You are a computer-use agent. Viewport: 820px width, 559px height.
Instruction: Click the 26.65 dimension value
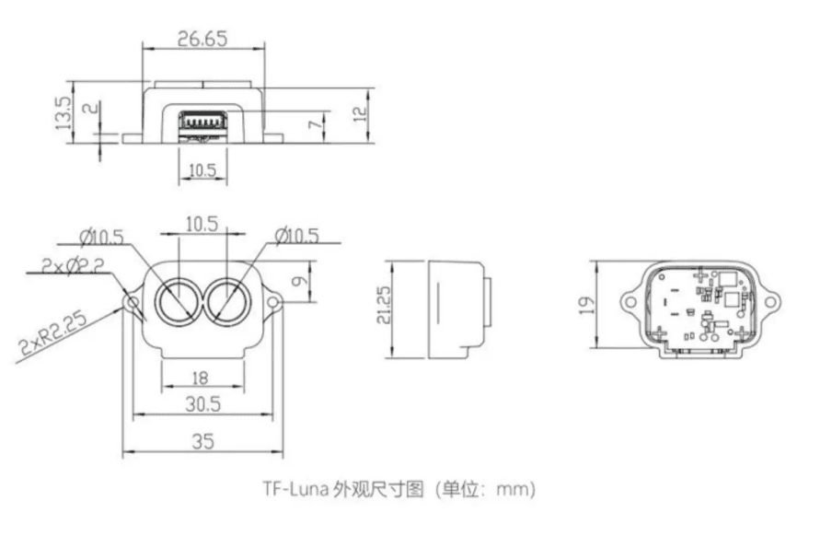(202, 39)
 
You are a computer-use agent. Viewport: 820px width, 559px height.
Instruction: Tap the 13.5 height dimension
(64, 112)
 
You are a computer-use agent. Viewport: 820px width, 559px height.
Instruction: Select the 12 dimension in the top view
(360, 113)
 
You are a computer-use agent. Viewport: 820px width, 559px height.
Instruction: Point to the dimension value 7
(315, 124)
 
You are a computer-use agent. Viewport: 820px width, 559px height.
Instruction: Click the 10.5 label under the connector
(202, 170)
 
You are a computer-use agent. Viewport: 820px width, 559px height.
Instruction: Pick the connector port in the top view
(202, 123)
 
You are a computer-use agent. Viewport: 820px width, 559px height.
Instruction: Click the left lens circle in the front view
(178, 300)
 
